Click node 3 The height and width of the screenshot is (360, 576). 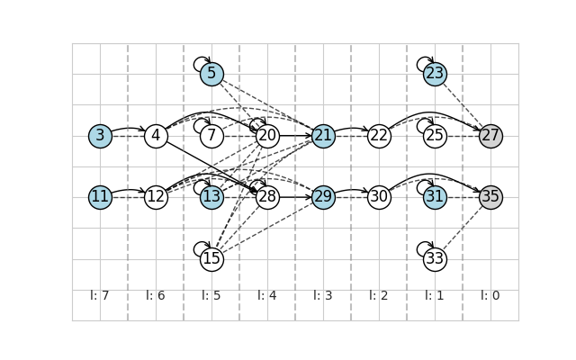click(100, 136)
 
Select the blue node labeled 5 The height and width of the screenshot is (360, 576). click(212, 74)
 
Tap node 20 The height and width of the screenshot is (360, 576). click(268, 136)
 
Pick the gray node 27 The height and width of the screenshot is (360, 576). click(490, 136)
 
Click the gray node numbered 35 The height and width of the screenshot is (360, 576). click(490, 197)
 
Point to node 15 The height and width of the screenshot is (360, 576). click(212, 259)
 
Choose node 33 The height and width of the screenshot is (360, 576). click(435, 259)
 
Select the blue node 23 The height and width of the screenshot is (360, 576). click(435, 74)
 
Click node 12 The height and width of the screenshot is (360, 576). click(156, 197)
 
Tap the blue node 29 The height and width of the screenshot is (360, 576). click(324, 197)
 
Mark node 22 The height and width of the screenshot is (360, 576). click(379, 136)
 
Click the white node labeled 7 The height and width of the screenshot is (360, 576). click(212, 136)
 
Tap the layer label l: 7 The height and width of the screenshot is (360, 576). click(100, 295)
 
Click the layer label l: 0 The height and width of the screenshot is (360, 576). click(490, 295)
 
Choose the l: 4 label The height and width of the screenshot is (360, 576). click(267, 295)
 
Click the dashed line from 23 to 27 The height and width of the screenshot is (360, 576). click(463, 105)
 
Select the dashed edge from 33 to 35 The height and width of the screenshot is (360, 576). click(463, 228)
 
